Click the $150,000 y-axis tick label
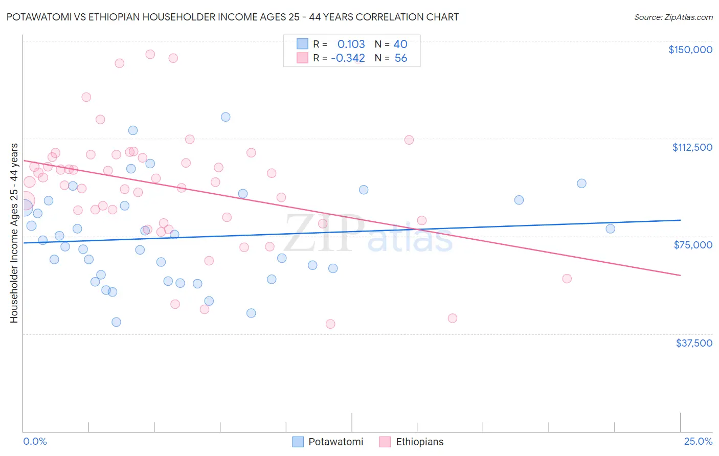pyautogui.click(x=690, y=50)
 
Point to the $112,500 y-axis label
pyautogui.click(x=692, y=147)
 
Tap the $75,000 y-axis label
pyautogui.click(x=692, y=245)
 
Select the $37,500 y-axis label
pyautogui.click(x=693, y=343)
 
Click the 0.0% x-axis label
pyautogui.click(x=35, y=441)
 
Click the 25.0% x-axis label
pyautogui.click(x=698, y=441)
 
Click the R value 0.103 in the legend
pyautogui.click(x=351, y=44)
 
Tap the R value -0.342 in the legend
pyautogui.click(x=348, y=58)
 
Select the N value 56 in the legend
pyautogui.click(x=400, y=58)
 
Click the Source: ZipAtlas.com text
pyautogui.click(x=673, y=17)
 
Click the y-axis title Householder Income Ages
pyautogui.click(x=14, y=233)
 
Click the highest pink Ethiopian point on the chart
pyautogui.click(x=150, y=54)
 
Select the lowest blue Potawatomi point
pyautogui.click(x=116, y=322)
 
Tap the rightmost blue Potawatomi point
pyautogui.click(x=610, y=229)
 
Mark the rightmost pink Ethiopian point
pyautogui.click(x=567, y=279)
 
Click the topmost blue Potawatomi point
pyautogui.click(x=226, y=117)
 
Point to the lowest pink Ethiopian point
pyautogui.click(x=330, y=324)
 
